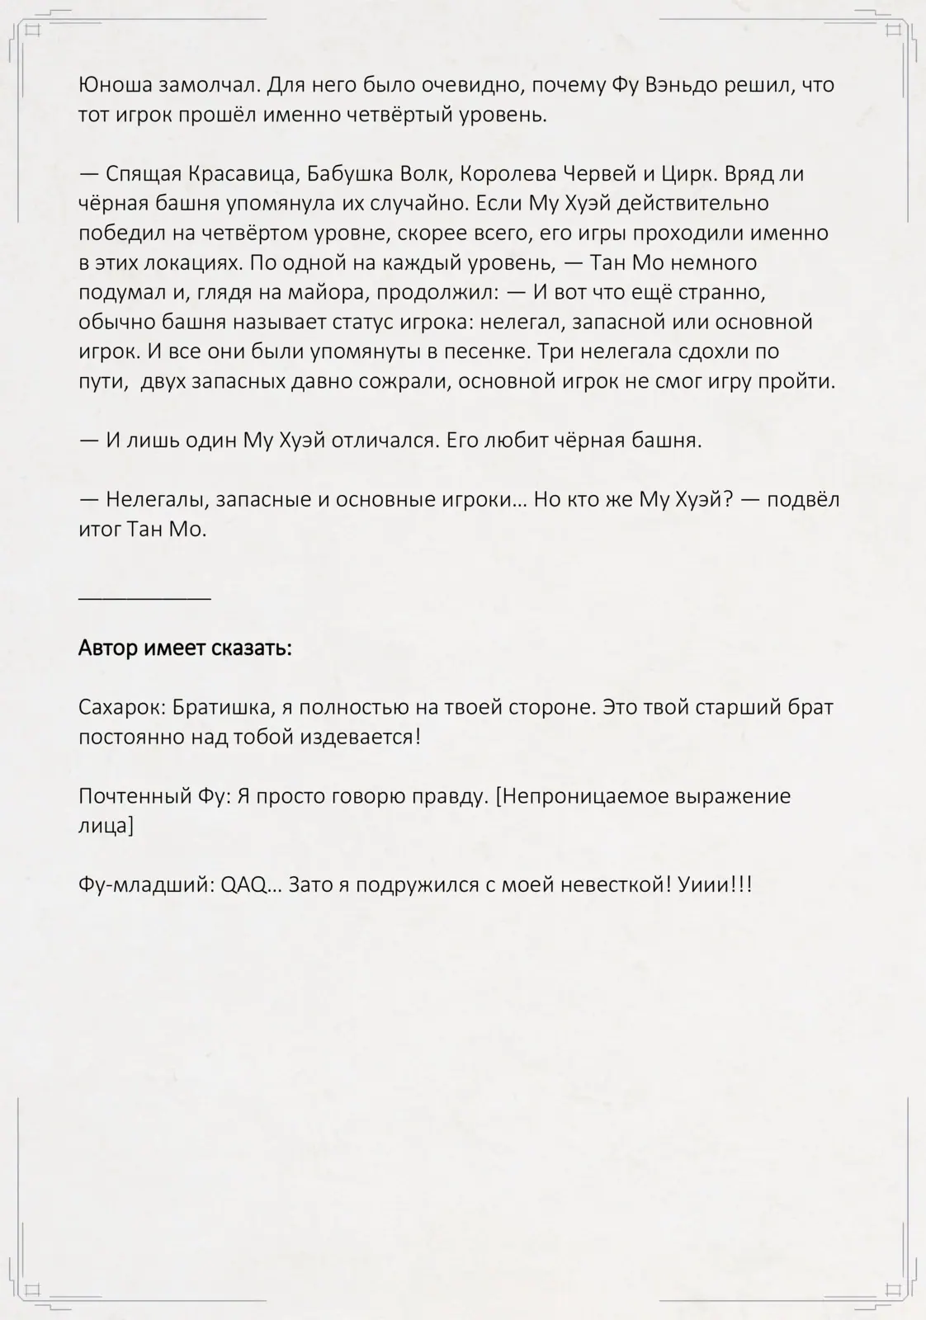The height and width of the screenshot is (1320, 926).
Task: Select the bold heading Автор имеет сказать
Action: (x=185, y=648)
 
